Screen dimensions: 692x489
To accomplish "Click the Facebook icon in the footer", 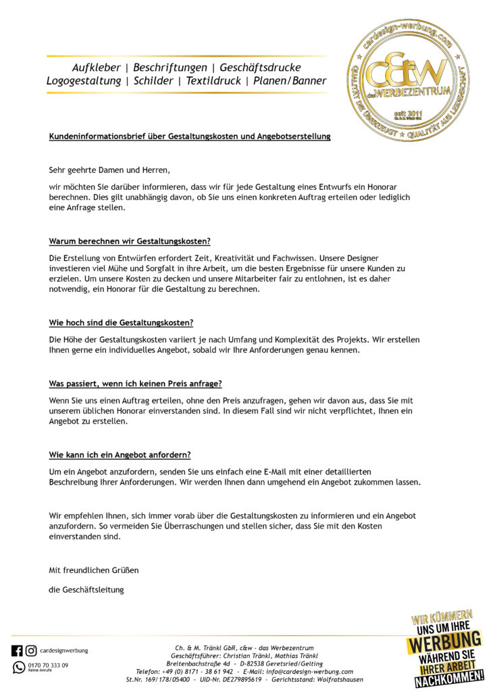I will [x=17, y=651].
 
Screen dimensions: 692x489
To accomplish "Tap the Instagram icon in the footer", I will [x=31, y=651].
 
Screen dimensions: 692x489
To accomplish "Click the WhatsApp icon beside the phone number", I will [x=18, y=667].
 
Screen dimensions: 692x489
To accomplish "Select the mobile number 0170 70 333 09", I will [x=48, y=665].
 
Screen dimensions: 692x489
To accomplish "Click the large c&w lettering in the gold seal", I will [x=411, y=69].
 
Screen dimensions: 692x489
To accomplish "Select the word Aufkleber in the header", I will [x=96, y=68].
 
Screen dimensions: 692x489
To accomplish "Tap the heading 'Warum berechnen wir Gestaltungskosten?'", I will [x=129, y=241].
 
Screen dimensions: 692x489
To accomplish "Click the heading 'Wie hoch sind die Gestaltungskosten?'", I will [x=121, y=322].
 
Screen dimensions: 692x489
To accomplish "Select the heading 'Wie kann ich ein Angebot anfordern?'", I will [x=120, y=455].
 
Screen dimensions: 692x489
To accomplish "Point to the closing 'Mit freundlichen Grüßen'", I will [x=93, y=570].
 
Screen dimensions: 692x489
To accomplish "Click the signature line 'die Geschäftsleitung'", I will [x=86, y=590].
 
